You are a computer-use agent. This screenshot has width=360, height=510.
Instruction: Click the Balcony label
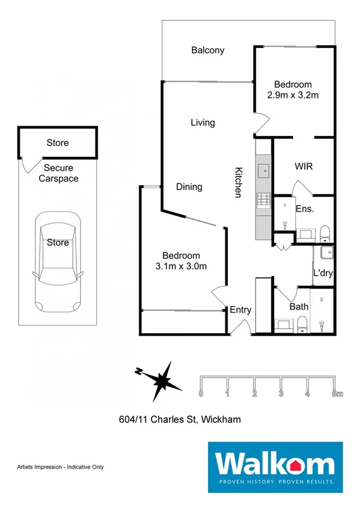click(207, 51)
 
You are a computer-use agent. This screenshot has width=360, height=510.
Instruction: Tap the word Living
click(203, 123)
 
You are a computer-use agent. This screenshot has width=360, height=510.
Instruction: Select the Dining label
click(189, 187)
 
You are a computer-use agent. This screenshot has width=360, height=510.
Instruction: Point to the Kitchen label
click(238, 182)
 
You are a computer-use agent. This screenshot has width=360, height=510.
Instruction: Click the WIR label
click(304, 166)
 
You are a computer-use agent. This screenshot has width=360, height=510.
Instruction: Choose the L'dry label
click(323, 273)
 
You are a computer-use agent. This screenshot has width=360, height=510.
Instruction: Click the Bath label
click(299, 307)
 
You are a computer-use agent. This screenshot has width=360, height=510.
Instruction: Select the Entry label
click(240, 310)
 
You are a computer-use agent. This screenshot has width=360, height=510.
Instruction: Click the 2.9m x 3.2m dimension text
click(293, 95)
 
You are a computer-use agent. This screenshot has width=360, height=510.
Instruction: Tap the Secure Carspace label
click(58, 173)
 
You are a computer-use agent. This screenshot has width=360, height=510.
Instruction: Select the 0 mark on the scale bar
click(201, 394)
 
